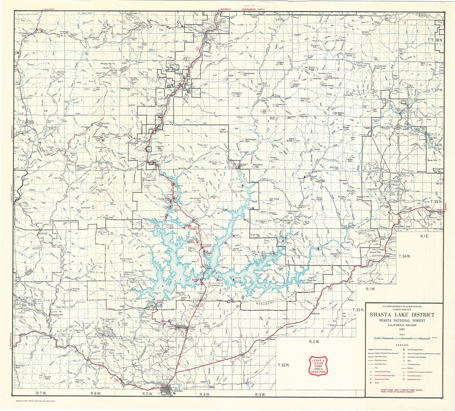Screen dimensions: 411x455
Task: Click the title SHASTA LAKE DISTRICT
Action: tap(402, 315)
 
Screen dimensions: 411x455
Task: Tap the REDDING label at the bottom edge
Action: tap(178, 391)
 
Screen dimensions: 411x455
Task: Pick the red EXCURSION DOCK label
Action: tap(162, 302)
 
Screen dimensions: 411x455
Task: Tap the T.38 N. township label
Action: tap(437, 40)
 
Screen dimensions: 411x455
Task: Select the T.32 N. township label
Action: tap(284, 365)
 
